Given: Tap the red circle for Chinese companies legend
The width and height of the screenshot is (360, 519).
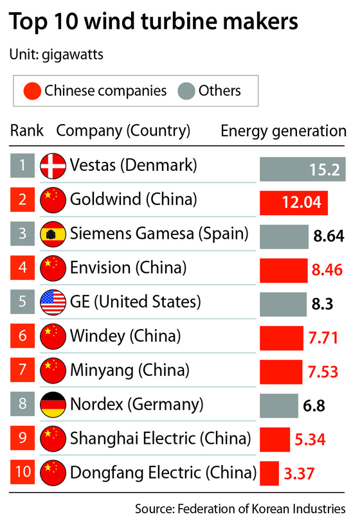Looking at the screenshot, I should [x=31, y=91].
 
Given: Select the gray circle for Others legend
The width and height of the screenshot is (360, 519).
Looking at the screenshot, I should [x=186, y=91].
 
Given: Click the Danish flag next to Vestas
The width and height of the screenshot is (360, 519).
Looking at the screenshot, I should [x=51, y=166].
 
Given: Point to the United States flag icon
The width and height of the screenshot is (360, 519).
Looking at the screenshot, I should [x=51, y=302].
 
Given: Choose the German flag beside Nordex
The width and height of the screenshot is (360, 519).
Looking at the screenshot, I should [x=51, y=405].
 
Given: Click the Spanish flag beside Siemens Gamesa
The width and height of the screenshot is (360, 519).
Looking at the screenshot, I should [x=51, y=234].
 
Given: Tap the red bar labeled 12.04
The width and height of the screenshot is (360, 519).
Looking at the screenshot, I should [x=294, y=203].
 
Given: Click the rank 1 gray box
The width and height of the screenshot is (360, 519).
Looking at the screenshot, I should [x=22, y=166].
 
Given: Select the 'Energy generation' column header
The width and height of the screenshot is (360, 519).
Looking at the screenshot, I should [x=283, y=131].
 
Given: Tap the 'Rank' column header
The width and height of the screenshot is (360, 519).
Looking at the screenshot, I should [x=27, y=131].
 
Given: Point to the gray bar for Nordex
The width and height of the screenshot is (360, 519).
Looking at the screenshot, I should [x=279, y=407].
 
